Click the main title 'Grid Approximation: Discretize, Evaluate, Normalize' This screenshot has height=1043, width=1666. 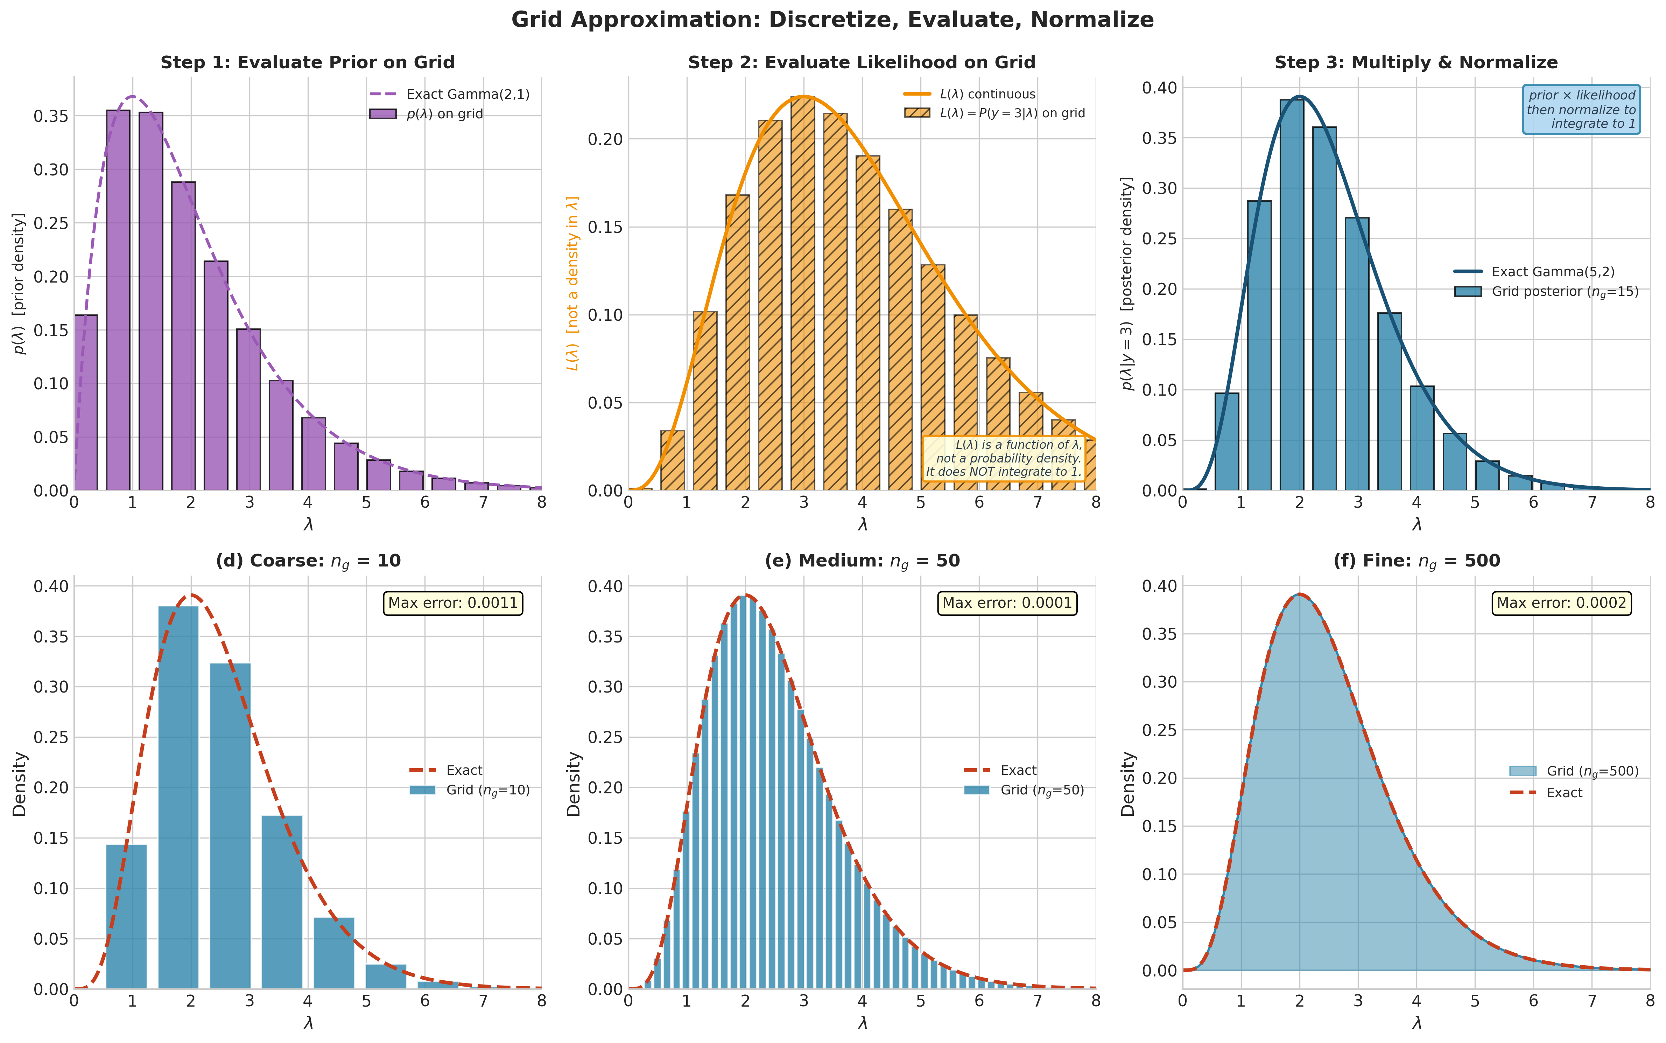coord(832,19)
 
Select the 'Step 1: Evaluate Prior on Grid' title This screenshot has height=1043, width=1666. coord(308,62)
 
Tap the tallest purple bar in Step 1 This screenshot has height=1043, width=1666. coord(118,300)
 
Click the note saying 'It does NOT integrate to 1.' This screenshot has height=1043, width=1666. coord(1004,472)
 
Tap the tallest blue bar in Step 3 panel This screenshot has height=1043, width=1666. coord(1292,295)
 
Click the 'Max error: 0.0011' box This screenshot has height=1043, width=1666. coord(453,603)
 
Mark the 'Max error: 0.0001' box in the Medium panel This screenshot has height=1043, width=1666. coord(1007,603)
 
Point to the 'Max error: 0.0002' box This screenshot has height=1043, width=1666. coord(1561,603)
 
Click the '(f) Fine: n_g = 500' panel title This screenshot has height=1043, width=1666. coord(1417,561)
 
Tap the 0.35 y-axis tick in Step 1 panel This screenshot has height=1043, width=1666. coord(51,116)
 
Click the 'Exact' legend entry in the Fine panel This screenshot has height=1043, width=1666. coord(1564,793)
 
